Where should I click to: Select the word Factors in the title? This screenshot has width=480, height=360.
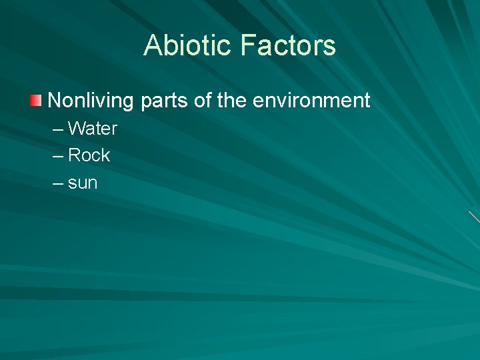click(287, 45)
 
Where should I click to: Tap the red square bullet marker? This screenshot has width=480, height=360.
click(35, 101)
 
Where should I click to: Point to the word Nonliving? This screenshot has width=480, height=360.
click(91, 101)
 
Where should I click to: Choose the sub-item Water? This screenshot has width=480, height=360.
click(93, 129)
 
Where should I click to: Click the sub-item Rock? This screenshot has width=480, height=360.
click(89, 155)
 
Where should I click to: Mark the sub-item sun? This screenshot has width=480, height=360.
click(83, 183)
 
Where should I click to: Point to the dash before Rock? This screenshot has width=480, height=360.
click(57, 156)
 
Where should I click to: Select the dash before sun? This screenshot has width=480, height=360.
click(57, 183)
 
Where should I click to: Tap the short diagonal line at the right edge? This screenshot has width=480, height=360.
click(474, 217)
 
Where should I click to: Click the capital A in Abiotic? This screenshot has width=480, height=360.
click(153, 45)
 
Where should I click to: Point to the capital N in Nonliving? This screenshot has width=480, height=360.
click(55, 101)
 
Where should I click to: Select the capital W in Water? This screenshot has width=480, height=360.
click(77, 129)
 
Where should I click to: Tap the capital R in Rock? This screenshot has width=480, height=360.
click(75, 155)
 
